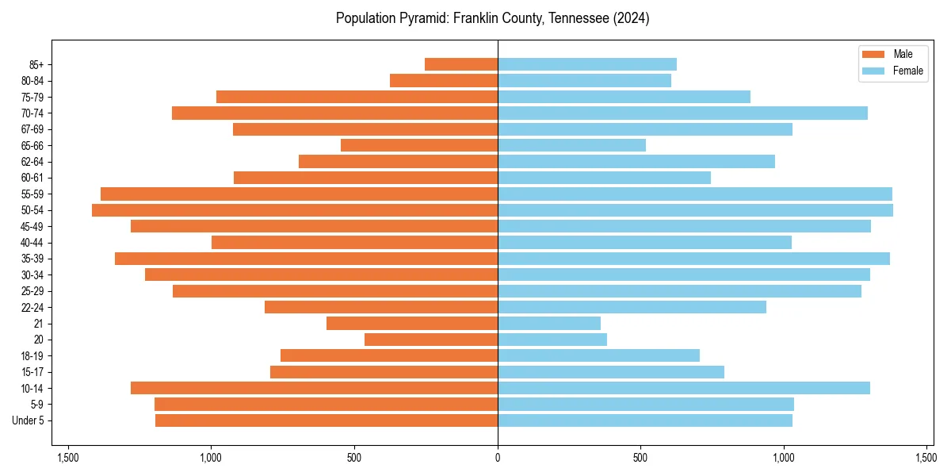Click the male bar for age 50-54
click(x=295, y=210)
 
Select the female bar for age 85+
click(x=587, y=64)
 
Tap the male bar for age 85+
click(x=461, y=64)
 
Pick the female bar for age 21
click(x=549, y=324)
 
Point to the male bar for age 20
click(x=431, y=340)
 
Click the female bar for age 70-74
click(x=682, y=113)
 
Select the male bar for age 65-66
click(x=419, y=145)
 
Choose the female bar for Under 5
click(x=645, y=420)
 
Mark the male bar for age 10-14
click(x=314, y=388)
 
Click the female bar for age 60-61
click(x=604, y=178)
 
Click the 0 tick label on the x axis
click(x=498, y=458)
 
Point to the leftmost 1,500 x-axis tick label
click(x=68, y=458)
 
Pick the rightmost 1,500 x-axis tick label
click(x=926, y=458)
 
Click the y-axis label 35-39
click(x=32, y=259)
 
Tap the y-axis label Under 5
click(x=29, y=420)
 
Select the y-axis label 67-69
click(x=32, y=129)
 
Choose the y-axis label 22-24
click(x=32, y=308)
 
